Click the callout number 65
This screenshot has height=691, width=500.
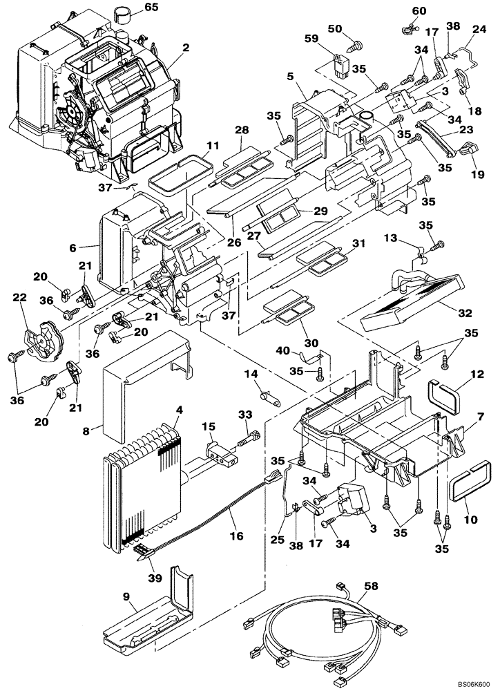[x=151, y=9]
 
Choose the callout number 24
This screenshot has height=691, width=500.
[x=477, y=29]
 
